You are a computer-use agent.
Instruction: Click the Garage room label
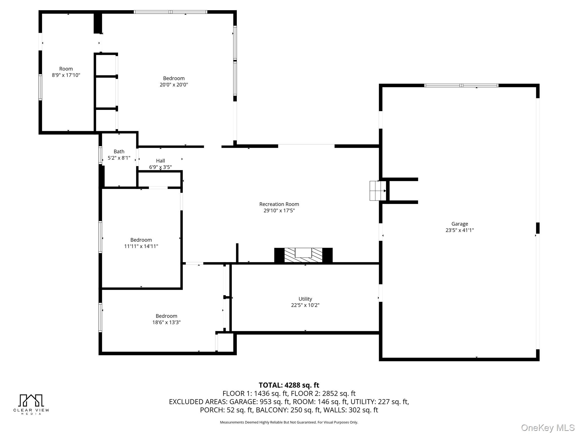459,224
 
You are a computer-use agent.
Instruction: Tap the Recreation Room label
279,204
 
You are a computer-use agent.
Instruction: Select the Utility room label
305,299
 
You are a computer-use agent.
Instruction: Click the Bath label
119,151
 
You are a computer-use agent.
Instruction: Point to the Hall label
160,160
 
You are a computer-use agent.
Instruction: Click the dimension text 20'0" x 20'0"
174,84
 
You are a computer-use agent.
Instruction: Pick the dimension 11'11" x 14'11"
141,246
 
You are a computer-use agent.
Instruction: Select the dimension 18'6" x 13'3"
167,322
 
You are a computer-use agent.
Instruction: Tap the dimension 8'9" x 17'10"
66,75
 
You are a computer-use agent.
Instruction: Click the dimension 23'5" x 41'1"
459,230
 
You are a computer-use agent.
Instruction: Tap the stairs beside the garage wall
378,191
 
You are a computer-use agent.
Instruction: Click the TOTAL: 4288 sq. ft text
289,385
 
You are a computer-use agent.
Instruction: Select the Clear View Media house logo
31,400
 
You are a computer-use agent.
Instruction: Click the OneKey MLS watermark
548,428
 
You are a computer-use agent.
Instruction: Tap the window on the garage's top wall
461,85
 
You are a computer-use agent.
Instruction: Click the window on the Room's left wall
40,87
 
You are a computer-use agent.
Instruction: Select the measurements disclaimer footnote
289,422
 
